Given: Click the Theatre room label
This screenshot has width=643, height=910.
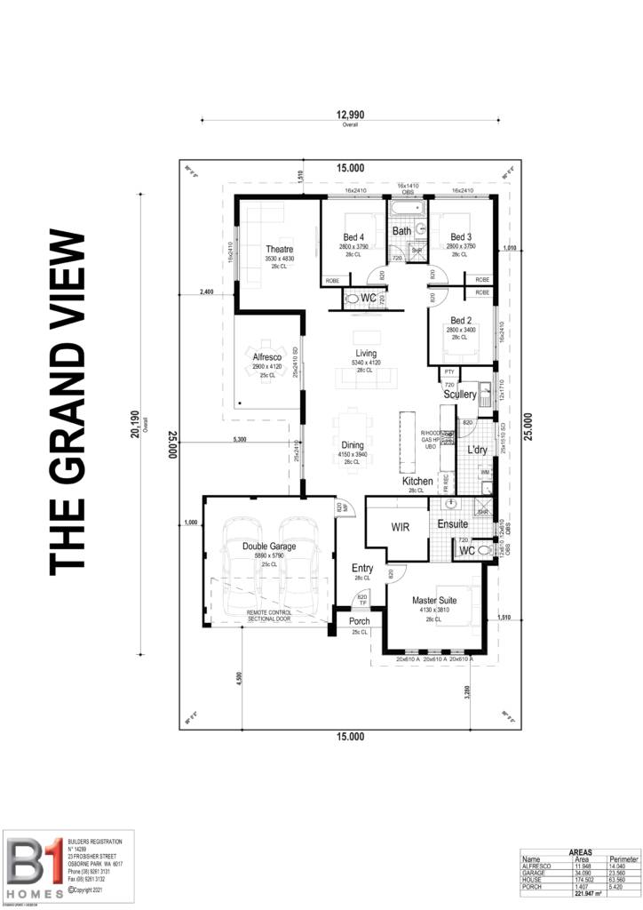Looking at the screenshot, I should pyautogui.click(x=279, y=249).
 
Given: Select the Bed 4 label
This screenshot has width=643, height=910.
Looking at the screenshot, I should pyautogui.click(x=353, y=237).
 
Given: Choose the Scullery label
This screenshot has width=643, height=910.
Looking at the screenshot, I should pyautogui.click(x=460, y=394).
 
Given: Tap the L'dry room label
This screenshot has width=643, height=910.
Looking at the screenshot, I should pyautogui.click(x=477, y=450).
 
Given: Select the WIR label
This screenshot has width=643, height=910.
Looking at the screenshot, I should pyautogui.click(x=399, y=527).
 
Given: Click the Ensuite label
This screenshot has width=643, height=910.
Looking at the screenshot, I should pyautogui.click(x=452, y=525).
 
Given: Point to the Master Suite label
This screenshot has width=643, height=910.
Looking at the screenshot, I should pyautogui.click(x=435, y=601).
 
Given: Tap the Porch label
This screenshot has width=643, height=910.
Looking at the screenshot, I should pyautogui.click(x=359, y=621).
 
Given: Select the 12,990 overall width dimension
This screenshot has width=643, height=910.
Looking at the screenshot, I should pyautogui.click(x=350, y=115).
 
